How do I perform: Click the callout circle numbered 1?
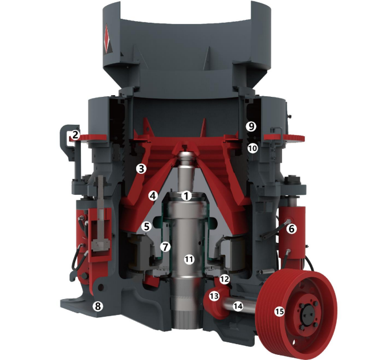pyautogui.click(x=186, y=196)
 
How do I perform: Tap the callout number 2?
pyautogui.click(x=75, y=135)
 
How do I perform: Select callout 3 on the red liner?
pyautogui.click(x=141, y=169)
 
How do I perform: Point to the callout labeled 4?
pyautogui.click(x=153, y=196)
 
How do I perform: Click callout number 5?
pyautogui.click(x=146, y=227)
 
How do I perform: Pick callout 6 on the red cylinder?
pyautogui.click(x=292, y=229)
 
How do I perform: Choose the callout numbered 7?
pyautogui.click(x=165, y=247)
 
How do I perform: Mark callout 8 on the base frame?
pyautogui.click(x=97, y=306)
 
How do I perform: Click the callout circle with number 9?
pyautogui.click(x=251, y=126)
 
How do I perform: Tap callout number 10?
pyautogui.click(x=252, y=148)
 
